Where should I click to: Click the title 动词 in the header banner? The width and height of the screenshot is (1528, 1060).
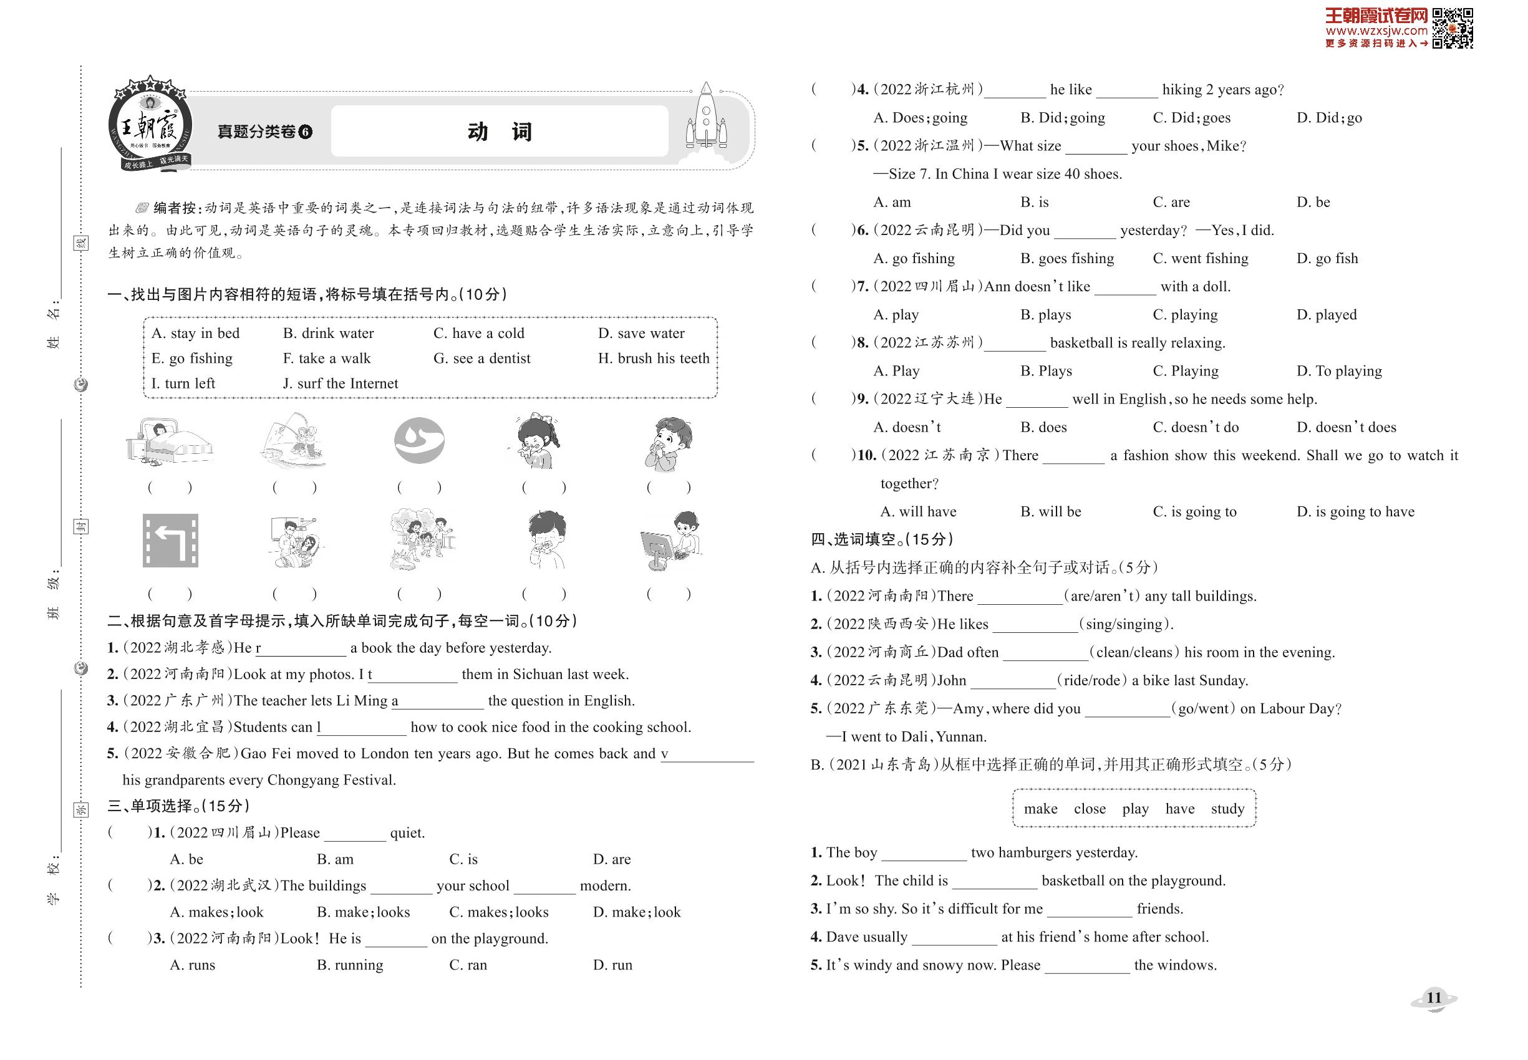click(x=500, y=132)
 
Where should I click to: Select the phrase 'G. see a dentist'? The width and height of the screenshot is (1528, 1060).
click(x=481, y=359)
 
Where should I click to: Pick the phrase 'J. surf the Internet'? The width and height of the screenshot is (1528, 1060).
click(x=340, y=384)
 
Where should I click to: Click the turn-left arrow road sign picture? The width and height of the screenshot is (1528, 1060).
click(x=170, y=541)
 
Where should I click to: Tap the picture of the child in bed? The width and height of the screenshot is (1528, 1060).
click(x=170, y=440)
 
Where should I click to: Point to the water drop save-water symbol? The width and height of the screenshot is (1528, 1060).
click(x=419, y=440)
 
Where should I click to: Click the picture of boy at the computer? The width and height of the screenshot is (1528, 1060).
click(x=670, y=541)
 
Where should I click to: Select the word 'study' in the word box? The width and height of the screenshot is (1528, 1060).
click(x=1227, y=809)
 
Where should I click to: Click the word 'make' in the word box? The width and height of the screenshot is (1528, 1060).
click(x=1040, y=809)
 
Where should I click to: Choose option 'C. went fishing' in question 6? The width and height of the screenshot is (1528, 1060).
click(x=1200, y=258)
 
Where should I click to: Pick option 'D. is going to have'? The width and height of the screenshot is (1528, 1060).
click(x=1355, y=512)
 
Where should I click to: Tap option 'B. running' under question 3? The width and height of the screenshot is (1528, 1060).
click(x=349, y=965)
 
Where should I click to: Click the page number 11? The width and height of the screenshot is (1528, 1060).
click(x=1434, y=998)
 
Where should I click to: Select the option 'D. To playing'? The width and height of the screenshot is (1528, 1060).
click(x=1338, y=371)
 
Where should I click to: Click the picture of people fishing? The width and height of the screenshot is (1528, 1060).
click(x=294, y=440)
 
